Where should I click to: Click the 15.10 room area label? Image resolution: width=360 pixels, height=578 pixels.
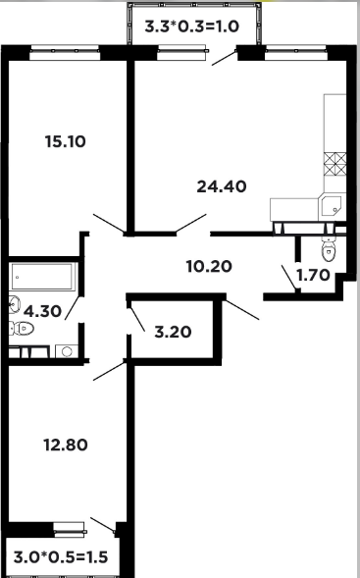[x=65, y=141]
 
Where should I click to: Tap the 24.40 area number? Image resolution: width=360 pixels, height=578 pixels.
[x=222, y=186]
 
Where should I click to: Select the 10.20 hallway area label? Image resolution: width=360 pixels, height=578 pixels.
[x=209, y=266]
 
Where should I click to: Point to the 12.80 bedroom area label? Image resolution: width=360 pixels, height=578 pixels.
[x=66, y=445]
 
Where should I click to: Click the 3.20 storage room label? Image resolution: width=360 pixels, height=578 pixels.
[x=173, y=332]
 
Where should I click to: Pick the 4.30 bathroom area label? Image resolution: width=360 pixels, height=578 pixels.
[x=42, y=311]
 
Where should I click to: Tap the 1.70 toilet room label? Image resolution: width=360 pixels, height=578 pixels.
[x=313, y=275]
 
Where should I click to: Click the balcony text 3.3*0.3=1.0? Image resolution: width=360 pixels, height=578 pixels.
[x=192, y=26]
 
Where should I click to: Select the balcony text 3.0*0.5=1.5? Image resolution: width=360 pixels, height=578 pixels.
[x=61, y=557]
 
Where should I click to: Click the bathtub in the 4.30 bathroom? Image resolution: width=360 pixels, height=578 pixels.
[x=42, y=276]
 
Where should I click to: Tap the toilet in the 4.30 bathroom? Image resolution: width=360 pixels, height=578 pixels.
[x=22, y=328]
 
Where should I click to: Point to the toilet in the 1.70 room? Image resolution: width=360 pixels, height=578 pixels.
[x=329, y=249]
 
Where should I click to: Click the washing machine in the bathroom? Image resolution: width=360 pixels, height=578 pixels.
[x=67, y=351]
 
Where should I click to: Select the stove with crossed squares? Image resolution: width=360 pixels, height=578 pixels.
[x=334, y=164]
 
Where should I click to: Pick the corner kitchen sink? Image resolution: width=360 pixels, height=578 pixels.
[x=332, y=206]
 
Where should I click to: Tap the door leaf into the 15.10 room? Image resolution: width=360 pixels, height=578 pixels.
[x=110, y=224]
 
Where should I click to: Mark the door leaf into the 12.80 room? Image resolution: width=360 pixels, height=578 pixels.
[x=110, y=371]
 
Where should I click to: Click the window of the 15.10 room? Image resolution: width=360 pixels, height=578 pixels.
[x=65, y=52]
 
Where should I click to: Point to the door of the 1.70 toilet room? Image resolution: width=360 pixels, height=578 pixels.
[x=289, y=277]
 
